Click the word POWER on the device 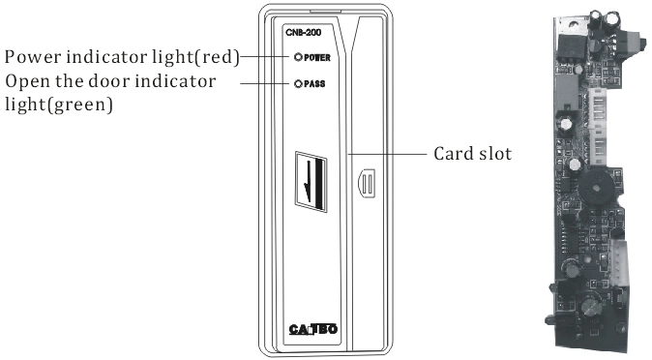tap(317, 57)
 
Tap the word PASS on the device tap(314, 83)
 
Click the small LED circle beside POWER tap(298, 57)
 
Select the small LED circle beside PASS tap(298, 83)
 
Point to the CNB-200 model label tap(303, 33)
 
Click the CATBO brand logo tap(313, 329)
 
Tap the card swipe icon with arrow tap(311, 182)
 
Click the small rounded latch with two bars tap(367, 183)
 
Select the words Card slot tap(472, 154)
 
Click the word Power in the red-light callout tap(34, 57)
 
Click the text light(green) tap(59, 105)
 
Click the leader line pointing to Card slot tap(388, 154)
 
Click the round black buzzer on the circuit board tap(596, 188)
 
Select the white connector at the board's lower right tap(619, 263)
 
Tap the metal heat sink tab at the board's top tap(571, 26)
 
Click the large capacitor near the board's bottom tap(590, 306)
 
